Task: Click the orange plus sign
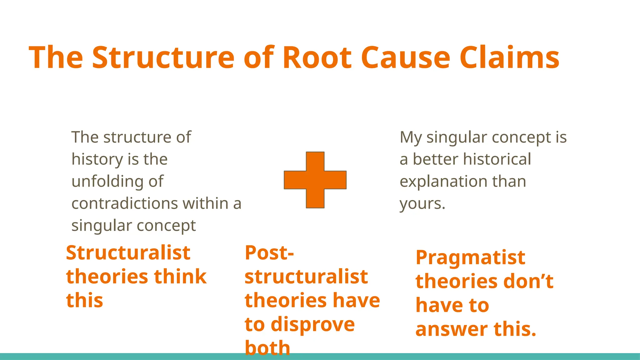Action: [x=315, y=180]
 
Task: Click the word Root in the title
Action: [x=317, y=58]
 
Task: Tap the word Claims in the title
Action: [x=509, y=58]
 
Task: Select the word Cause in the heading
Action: [x=405, y=58]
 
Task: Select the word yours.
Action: [x=422, y=204]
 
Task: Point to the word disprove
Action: [x=313, y=324]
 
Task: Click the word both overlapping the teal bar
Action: [x=267, y=348]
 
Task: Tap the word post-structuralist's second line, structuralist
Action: [x=306, y=277]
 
